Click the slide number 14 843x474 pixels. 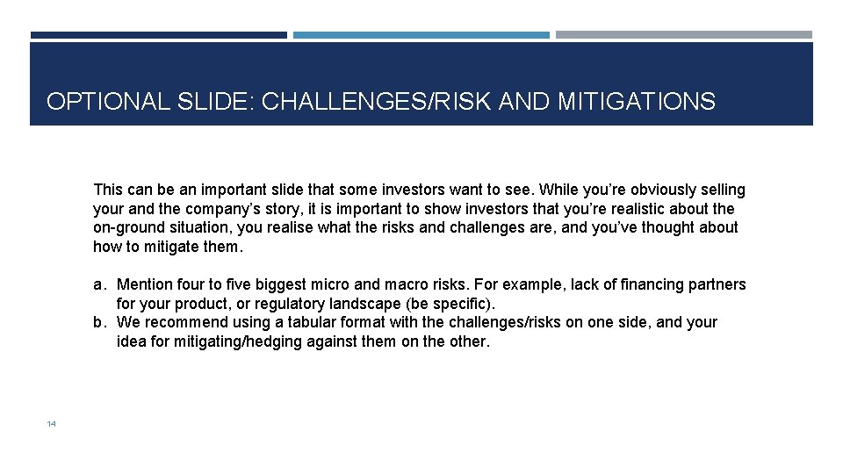pos(51,424)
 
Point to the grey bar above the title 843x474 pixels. pos(683,35)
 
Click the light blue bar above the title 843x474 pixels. pos(421,35)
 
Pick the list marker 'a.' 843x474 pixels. pos(101,284)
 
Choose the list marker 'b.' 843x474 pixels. pos(101,322)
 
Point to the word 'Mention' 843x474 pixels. pos(144,284)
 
